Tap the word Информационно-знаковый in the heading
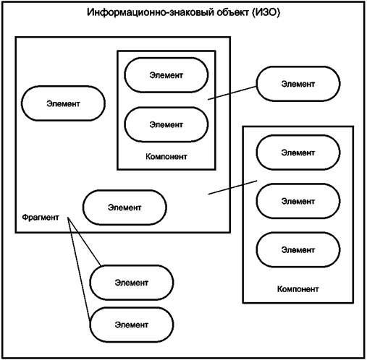[x=151, y=12]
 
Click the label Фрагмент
[x=41, y=218]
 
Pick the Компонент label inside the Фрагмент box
[x=166, y=157]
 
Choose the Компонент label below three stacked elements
[x=298, y=289]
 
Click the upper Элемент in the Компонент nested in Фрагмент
[x=166, y=75]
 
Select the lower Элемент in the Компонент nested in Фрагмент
[x=166, y=124]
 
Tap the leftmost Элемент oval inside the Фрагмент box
[x=63, y=103]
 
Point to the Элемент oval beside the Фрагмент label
[x=125, y=207]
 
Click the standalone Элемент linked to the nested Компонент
[x=298, y=84]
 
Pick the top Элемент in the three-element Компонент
[x=298, y=153]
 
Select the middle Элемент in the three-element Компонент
[x=298, y=201]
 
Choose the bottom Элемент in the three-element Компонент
[x=298, y=250]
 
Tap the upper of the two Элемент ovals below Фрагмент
[x=132, y=283]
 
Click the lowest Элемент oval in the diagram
[x=132, y=325]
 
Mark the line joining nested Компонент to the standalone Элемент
[x=232, y=93]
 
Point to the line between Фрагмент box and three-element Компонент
[x=232, y=187]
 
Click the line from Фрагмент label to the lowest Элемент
[x=79, y=269]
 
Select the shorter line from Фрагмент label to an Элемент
[x=84, y=241]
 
